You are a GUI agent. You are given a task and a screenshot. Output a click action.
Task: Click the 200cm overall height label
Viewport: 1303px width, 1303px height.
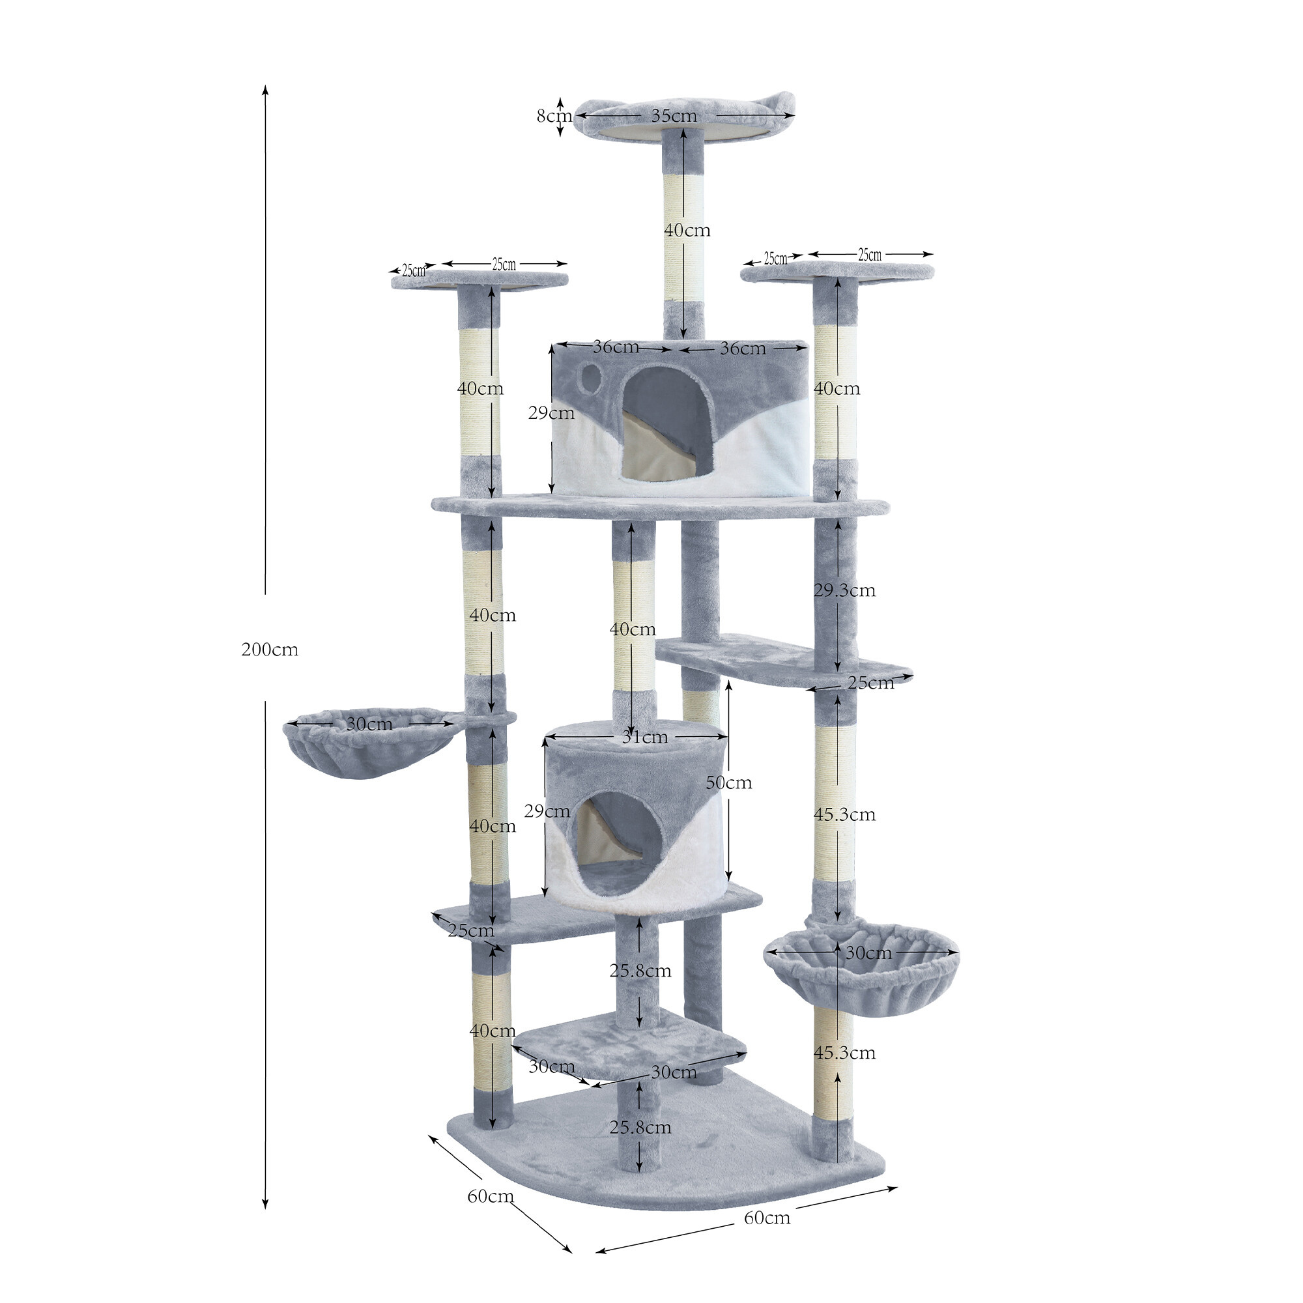click(x=270, y=650)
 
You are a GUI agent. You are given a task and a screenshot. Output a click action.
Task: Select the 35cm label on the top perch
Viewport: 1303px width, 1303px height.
click(x=674, y=115)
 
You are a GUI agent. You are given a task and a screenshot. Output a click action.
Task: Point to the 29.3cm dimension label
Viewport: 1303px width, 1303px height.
click(x=844, y=590)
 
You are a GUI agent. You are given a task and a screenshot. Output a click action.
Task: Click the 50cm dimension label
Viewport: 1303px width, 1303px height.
click(x=728, y=782)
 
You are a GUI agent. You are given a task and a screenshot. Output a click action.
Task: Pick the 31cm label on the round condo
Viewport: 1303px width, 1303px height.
click(x=645, y=737)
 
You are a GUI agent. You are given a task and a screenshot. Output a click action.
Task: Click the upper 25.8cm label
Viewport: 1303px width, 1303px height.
click(x=640, y=971)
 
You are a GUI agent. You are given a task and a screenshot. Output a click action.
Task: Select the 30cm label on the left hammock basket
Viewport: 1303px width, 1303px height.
click(x=369, y=724)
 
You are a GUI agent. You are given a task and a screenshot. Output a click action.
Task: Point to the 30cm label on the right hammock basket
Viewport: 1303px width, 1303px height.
click(x=868, y=953)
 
